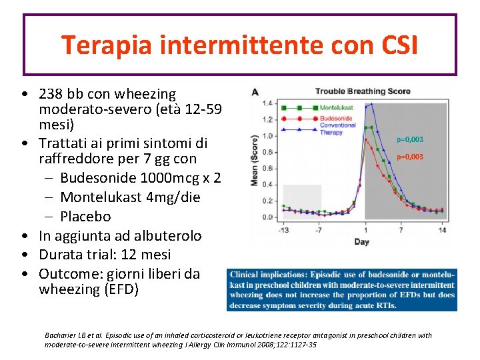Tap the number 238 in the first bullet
click(x=51, y=94)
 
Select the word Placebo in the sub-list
click(x=85, y=217)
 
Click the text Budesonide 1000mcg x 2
click(x=140, y=178)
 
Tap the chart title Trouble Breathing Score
click(x=363, y=91)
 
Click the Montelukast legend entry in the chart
click(x=335, y=107)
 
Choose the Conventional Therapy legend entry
click(x=337, y=129)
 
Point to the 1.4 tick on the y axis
click(x=267, y=103)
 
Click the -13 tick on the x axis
click(x=283, y=230)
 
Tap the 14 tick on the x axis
click(x=442, y=230)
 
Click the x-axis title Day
click(x=362, y=241)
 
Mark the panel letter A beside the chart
click(x=255, y=91)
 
